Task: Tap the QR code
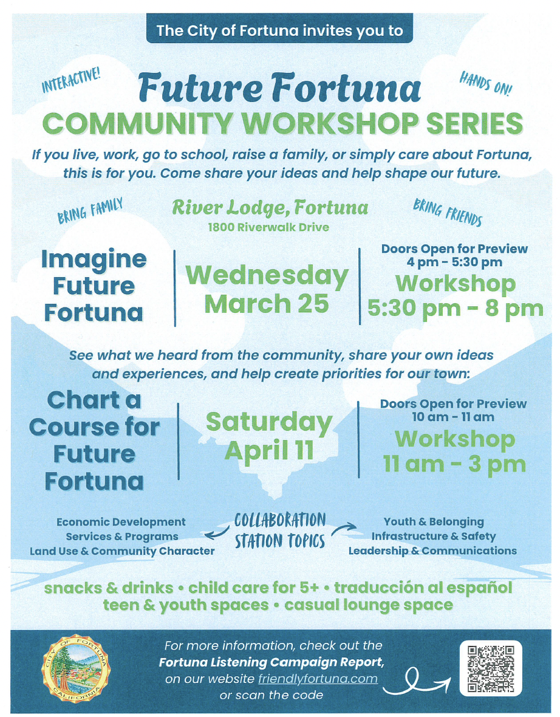(x=491, y=668)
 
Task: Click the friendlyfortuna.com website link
(x=318, y=679)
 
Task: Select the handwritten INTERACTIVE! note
(x=71, y=80)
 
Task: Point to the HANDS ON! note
(x=485, y=83)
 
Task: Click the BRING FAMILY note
(x=90, y=210)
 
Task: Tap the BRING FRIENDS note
(x=447, y=212)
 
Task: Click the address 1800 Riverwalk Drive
(x=268, y=227)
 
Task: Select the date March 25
(x=267, y=304)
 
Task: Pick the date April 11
(x=269, y=451)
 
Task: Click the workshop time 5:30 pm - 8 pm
(x=456, y=309)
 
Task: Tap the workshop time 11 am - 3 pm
(x=454, y=464)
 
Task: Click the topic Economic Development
(x=121, y=522)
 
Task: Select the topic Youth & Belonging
(x=434, y=522)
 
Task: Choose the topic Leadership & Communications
(x=432, y=551)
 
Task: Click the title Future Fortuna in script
(x=279, y=87)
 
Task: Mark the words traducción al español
(x=423, y=588)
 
